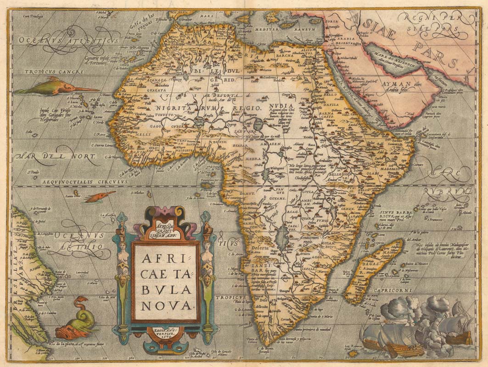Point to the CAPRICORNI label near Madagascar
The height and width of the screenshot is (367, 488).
393,290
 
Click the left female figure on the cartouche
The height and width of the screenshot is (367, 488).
123,261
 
